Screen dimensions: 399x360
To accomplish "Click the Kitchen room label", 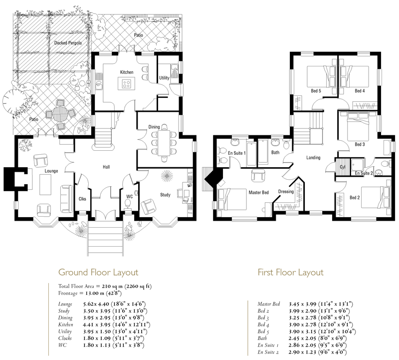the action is click(x=127, y=72).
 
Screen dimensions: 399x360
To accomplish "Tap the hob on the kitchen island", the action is click(x=126, y=83).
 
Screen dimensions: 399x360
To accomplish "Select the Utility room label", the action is click(x=164, y=78).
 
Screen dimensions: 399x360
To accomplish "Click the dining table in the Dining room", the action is click(x=164, y=143).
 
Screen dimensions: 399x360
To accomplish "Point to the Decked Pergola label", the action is click(x=68, y=43).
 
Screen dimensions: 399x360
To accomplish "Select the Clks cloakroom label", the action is click(x=82, y=199).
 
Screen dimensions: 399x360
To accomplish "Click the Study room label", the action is click(x=165, y=195).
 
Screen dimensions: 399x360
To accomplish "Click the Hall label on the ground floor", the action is click(x=106, y=167).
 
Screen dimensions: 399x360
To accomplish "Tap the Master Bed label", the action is click(x=258, y=193).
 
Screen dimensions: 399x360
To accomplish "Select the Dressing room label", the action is click(x=286, y=192).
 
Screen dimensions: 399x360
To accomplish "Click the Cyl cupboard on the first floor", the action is click(x=343, y=167).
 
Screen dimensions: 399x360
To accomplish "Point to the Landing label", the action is click(x=313, y=158).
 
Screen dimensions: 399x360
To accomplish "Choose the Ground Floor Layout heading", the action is click(x=98, y=273).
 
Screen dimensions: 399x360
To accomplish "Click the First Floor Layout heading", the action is click(x=291, y=273).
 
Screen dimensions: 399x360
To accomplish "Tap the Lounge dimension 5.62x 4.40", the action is click(x=96, y=304).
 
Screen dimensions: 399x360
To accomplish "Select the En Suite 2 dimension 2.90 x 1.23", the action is click(x=302, y=352).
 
